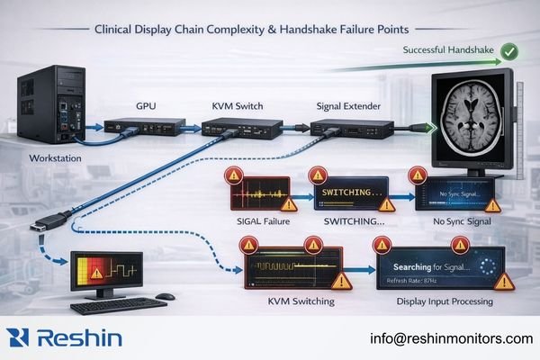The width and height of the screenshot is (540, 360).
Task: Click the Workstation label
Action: pyautogui.click(x=42, y=160)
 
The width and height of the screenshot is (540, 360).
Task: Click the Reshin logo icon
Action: pyautogui.click(x=19, y=338)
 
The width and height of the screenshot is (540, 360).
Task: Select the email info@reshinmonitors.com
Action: pyautogui.click(x=451, y=338)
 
